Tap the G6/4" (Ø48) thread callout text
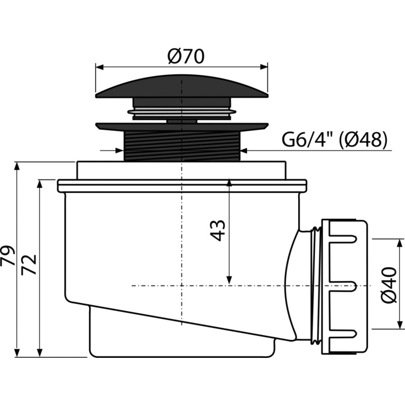tap(334, 140)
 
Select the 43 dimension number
tap(218, 230)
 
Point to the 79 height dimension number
tap(8, 256)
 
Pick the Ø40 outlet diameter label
tap(388, 285)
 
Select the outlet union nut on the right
tap(344, 286)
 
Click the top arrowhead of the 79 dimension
tap(17, 167)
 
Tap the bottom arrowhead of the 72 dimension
tap(40, 352)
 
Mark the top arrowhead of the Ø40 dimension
tap(400, 244)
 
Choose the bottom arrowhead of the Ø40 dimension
tap(400, 325)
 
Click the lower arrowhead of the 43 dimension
tap(229, 280)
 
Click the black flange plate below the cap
tap(182, 127)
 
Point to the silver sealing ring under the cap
tap(182, 112)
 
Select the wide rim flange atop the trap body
tap(182, 185)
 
